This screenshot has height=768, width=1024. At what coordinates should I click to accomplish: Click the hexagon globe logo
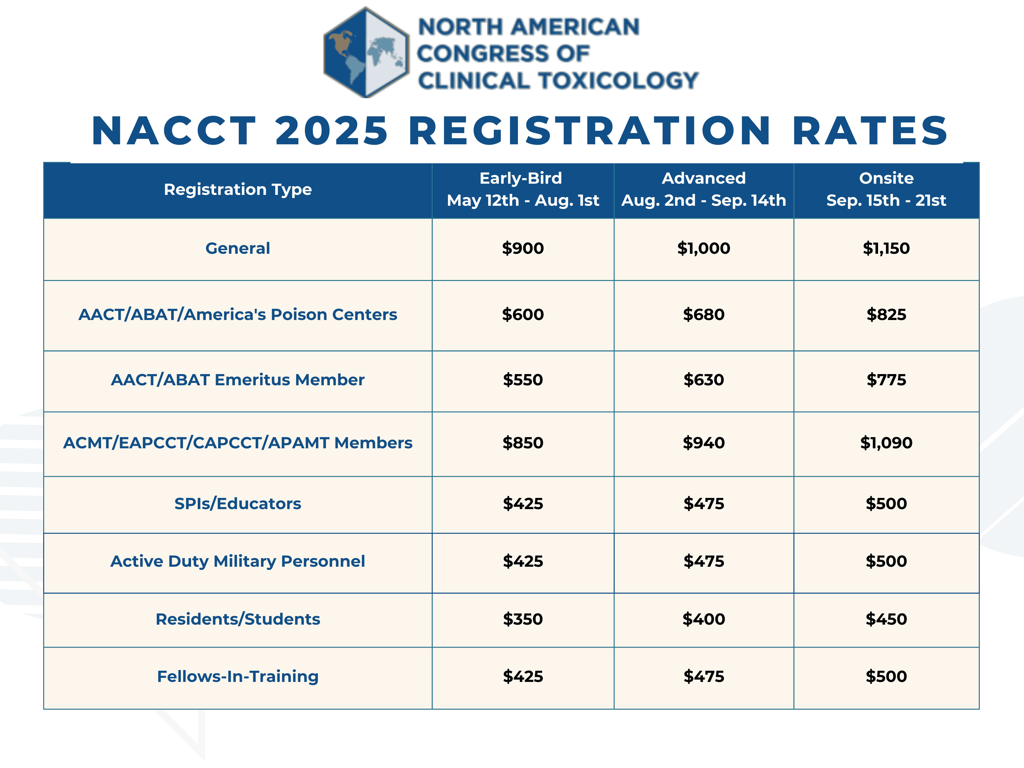(366, 52)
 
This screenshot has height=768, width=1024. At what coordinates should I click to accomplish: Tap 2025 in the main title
(332, 131)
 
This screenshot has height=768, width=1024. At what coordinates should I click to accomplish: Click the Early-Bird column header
(523, 189)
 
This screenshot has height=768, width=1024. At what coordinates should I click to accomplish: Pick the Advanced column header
(704, 189)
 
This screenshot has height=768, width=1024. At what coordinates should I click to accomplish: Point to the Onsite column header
(886, 189)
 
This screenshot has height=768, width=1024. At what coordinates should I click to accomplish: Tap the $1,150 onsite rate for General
(886, 249)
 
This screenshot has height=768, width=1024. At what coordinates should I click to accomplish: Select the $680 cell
(704, 315)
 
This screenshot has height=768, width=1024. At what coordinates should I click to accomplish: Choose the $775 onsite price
(886, 380)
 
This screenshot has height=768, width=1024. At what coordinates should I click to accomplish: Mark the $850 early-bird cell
(523, 443)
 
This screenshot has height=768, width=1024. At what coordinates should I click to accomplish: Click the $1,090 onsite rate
(886, 443)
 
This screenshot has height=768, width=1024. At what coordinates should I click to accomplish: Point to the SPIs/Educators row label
(237, 504)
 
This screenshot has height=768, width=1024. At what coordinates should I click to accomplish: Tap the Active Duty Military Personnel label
(237, 562)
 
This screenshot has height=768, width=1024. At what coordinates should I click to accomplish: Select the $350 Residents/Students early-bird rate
(523, 620)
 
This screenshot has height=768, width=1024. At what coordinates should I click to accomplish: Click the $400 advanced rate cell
(704, 620)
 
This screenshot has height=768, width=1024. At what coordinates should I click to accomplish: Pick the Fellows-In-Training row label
(237, 677)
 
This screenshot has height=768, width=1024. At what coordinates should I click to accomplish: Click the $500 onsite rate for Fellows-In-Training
(886, 677)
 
